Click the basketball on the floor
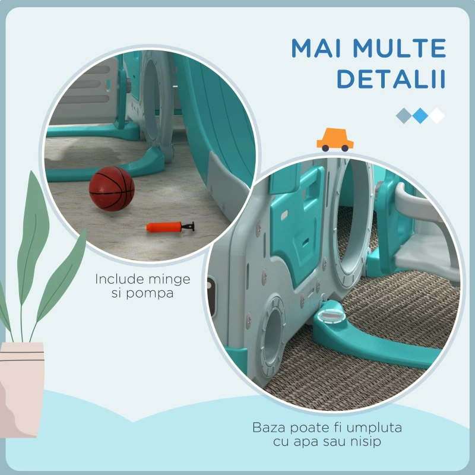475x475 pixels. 112,188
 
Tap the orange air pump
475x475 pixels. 170,227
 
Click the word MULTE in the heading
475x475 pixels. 399,48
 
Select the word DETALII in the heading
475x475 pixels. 391,79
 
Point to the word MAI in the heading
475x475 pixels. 316,48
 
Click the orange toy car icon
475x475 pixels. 335,140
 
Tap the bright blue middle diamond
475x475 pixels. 420,116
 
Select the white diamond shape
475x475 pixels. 436,116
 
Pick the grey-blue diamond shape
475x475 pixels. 404,116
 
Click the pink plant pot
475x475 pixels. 21,390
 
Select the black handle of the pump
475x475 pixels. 188,226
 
